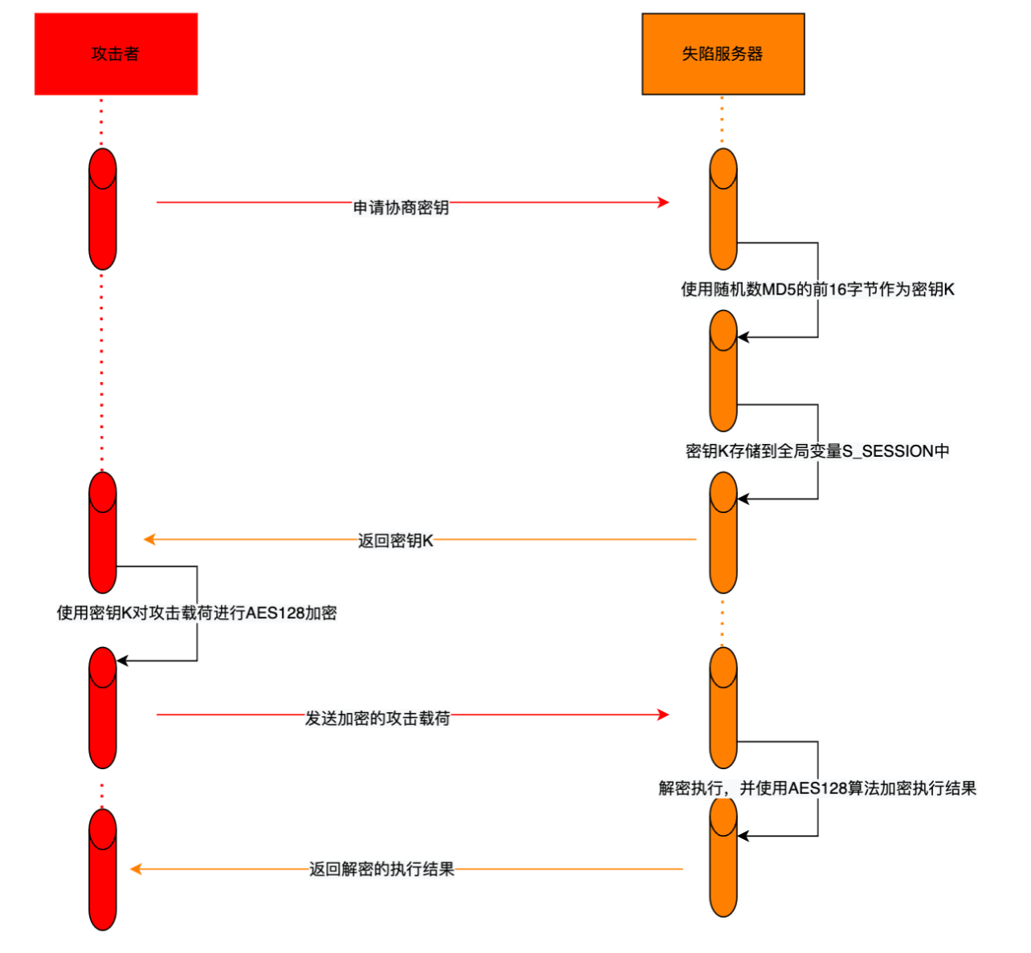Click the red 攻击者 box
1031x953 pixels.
click(x=116, y=54)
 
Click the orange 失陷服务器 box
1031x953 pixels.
click(x=723, y=54)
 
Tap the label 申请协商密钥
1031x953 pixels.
click(x=401, y=208)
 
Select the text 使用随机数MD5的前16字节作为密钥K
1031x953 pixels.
click(x=817, y=290)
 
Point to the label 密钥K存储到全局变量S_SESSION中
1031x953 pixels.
click(x=817, y=451)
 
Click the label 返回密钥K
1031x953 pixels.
click(x=395, y=541)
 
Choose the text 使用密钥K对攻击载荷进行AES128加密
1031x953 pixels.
click(x=197, y=613)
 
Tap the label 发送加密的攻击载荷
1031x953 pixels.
click(x=377, y=719)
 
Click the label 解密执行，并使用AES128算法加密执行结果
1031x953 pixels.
click(x=817, y=788)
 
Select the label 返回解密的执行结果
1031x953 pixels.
click(x=381, y=870)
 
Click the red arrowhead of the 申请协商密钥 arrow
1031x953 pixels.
click(x=663, y=202)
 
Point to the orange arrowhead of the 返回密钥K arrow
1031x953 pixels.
click(x=149, y=540)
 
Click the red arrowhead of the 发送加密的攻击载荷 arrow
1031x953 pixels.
click(x=663, y=715)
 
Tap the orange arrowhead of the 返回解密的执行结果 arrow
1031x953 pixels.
click(x=136, y=869)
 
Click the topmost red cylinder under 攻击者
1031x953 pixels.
click(x=103, y=209)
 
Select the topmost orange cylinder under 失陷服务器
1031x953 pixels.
click(x=723, y=209)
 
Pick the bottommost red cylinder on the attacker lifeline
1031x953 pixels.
click(x=103, y=870)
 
